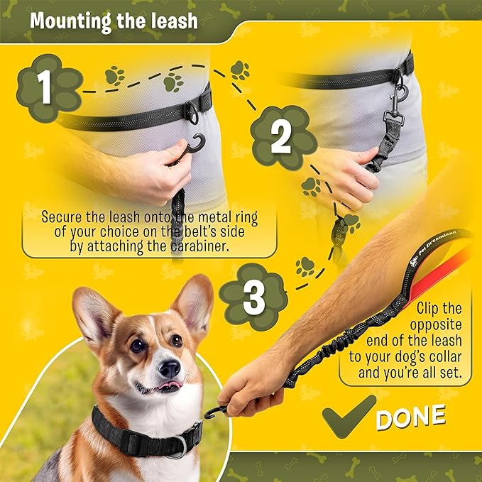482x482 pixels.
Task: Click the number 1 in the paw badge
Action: [x=44, y=89]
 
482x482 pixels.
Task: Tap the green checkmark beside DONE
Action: [x=349, y=418]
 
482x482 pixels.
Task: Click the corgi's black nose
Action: [x=169, y=368]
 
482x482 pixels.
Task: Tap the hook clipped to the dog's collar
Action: [x=215, y=412]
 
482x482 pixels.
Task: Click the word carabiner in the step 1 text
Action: [x=212, y=246]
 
